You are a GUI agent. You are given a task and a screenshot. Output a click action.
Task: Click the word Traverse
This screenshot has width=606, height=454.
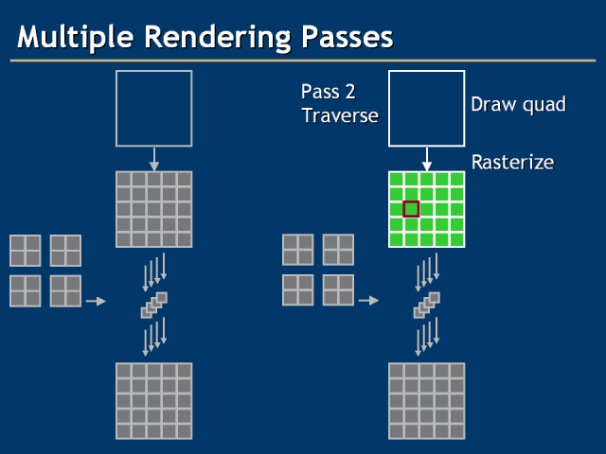click(x=340, y=116)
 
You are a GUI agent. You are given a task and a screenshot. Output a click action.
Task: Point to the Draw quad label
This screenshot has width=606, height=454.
click(x=518, y=104)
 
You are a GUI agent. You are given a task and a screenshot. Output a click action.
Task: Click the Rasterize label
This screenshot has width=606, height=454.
click(x=512, y=162)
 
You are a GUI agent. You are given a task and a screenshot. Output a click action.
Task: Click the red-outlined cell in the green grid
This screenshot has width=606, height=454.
click(x=411, y=209)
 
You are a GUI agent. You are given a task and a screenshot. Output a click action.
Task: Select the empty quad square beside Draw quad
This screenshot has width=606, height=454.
click(x=426, y=108)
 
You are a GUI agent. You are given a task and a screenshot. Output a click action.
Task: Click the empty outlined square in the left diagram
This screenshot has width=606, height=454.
click(x=153, y=108)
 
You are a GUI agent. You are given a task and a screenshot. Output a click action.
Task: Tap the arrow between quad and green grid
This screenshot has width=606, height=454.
click(x=427, y=159)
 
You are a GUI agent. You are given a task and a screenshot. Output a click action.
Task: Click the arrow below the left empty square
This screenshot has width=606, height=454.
click(x=154, y=159)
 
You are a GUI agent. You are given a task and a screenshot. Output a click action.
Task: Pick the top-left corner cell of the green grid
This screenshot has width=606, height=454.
click(x=397, y=180)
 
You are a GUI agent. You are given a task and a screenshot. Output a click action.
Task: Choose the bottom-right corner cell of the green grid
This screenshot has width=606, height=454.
click(x=456, y=239)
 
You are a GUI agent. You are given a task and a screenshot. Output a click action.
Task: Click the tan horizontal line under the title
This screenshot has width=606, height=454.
click(x=303, y=61)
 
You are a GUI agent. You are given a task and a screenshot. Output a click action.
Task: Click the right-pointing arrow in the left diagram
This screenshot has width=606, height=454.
click(x=96, y=301)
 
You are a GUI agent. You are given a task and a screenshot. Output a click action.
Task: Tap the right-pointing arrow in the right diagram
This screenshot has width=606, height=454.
click(x=368, y=301)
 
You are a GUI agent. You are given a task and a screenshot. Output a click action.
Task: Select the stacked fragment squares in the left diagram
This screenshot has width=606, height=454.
click(x=154, y=305)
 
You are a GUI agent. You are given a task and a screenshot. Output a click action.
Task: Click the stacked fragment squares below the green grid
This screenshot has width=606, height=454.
click(x=427, y=305)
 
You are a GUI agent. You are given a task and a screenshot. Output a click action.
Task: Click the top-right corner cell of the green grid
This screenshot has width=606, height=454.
click(x=456, y=180)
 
